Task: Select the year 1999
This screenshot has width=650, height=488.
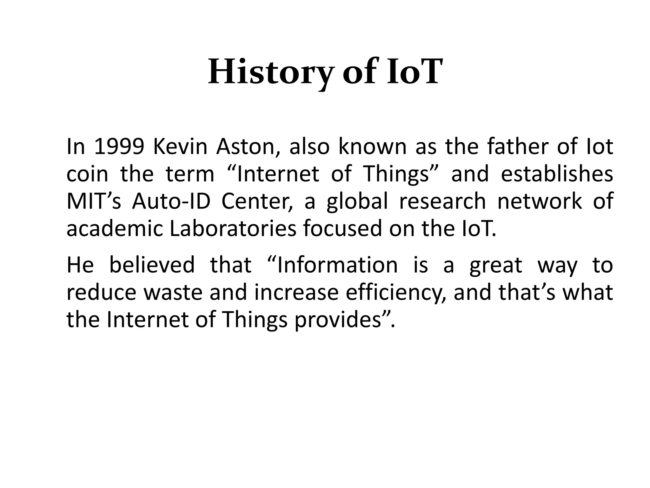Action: point(119,147)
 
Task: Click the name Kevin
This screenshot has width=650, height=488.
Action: point(180,147)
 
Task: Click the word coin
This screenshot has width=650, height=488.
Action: point(87,174)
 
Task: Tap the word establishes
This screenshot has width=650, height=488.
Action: point(557,174)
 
